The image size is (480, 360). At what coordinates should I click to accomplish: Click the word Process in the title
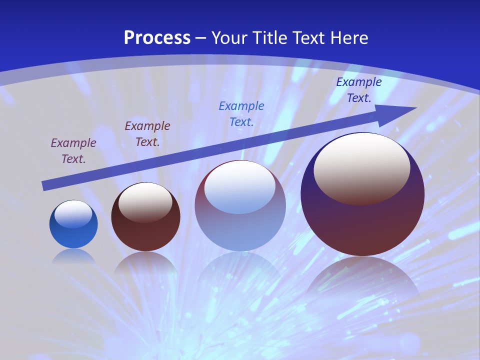point(157,37)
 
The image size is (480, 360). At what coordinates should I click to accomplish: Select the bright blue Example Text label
point(241,114)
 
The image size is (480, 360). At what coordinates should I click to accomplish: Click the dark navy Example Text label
point(358,90)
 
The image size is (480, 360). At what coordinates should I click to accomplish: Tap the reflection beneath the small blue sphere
point(73,256)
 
